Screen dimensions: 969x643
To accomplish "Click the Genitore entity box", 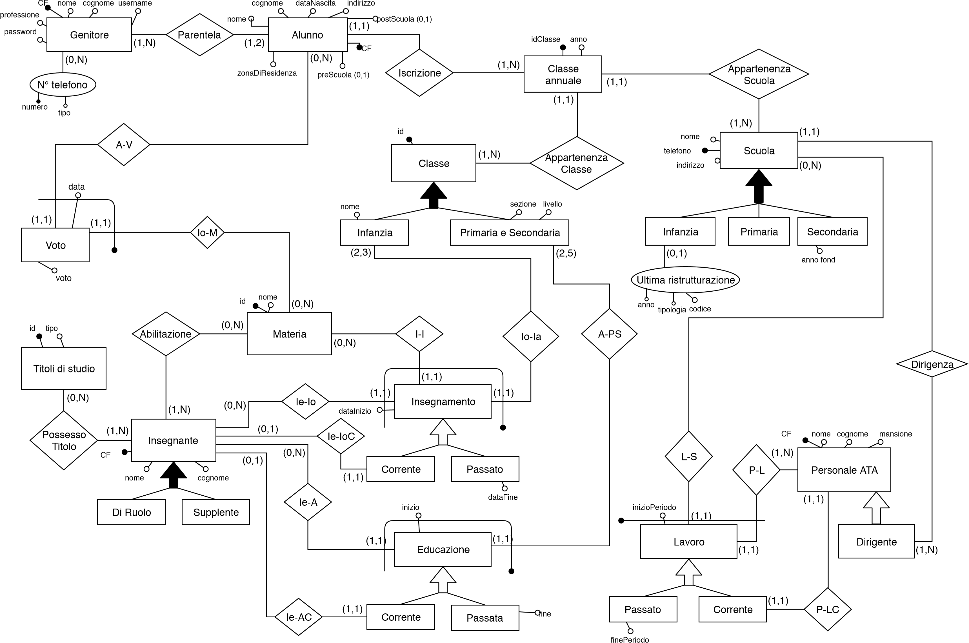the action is coord(89,35).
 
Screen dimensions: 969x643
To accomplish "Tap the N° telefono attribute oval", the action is coord(63,85).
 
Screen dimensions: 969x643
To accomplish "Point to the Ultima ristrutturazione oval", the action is coord(685,280).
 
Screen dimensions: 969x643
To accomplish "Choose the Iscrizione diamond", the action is coord(419,73).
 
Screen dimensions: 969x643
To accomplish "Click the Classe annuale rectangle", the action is coord(563,74).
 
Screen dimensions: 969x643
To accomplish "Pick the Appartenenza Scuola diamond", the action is coord(759,74).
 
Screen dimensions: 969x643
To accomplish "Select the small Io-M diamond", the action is coord(207,232).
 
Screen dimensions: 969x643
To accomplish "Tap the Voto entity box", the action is coord(55,245).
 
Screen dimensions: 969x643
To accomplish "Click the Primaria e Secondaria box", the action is coord(510,232).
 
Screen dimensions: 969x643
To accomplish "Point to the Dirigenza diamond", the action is coord(932,364).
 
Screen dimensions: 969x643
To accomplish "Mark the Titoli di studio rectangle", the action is coord(64,368).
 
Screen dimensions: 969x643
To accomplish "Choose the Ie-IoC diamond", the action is coord(341,436).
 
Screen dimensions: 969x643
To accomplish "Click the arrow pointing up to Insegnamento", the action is coord(443,432).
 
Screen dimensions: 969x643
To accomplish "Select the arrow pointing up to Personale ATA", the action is coord(876,509).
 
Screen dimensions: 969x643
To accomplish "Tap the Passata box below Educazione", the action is coord(485,618).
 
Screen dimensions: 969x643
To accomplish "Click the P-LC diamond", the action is coord(828,609).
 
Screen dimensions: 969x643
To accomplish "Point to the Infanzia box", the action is coord(374,232).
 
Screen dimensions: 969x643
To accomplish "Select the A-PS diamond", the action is coord(610,334).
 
